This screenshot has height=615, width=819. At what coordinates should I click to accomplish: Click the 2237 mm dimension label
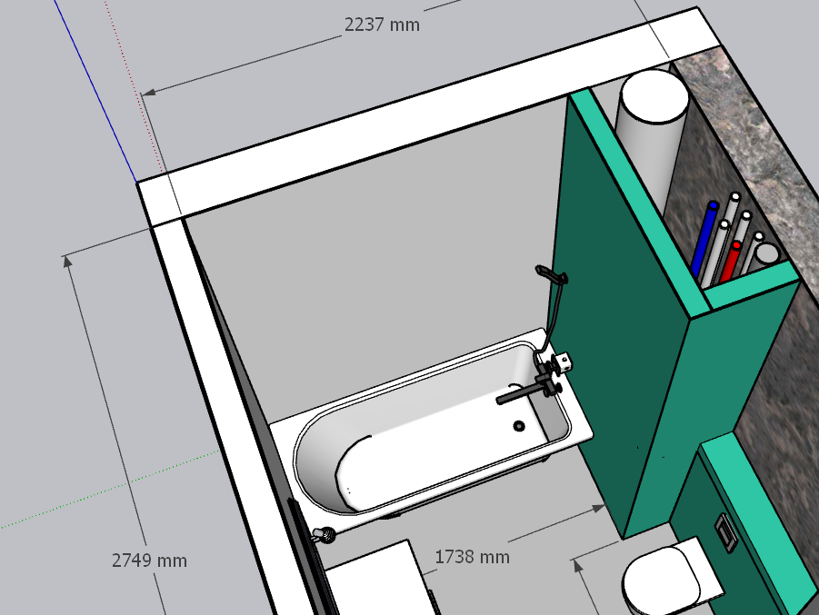pos(382,25)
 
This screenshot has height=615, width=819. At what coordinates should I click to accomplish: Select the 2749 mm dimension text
pos(149,560)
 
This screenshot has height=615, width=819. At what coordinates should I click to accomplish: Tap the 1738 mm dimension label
pos(472,557)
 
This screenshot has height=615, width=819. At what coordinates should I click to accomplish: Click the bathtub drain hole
pos(519,425)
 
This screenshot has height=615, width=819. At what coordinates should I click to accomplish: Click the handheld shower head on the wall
pos(551,274)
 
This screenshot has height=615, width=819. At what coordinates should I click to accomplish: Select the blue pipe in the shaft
pos(704,239)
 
